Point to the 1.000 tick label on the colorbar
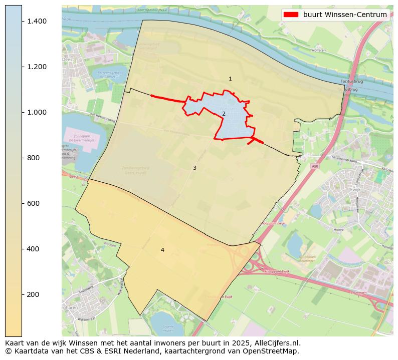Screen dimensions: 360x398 [37, 112]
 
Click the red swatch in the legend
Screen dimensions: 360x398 [291, 15]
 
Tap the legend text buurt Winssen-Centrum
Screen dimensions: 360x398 [345, 15]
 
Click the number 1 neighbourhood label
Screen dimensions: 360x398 [230, 79]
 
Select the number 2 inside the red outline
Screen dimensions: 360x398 [224, 114]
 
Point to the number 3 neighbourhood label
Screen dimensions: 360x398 [194, 168]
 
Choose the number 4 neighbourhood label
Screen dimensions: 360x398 [162, 250]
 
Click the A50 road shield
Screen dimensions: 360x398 [314, 166]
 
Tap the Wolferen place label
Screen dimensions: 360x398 [318, 50]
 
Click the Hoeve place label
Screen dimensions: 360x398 [338, 230]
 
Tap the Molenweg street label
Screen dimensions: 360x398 [86, 290]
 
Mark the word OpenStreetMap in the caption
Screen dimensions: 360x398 [271, 351]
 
